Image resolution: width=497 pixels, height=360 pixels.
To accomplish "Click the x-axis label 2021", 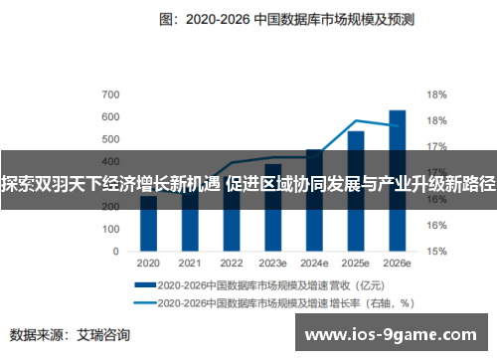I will (190, 263).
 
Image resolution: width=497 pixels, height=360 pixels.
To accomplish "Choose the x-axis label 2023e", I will (272, 263).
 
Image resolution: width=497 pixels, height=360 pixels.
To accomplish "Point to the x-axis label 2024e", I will (314, 263).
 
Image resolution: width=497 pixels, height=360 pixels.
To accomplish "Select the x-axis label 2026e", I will (397, 263).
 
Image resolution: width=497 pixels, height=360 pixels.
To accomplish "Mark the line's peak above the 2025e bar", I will (356, 120).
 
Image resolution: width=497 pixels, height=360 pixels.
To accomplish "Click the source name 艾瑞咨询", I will (103, 334).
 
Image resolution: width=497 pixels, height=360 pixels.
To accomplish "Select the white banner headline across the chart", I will (248, 183).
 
